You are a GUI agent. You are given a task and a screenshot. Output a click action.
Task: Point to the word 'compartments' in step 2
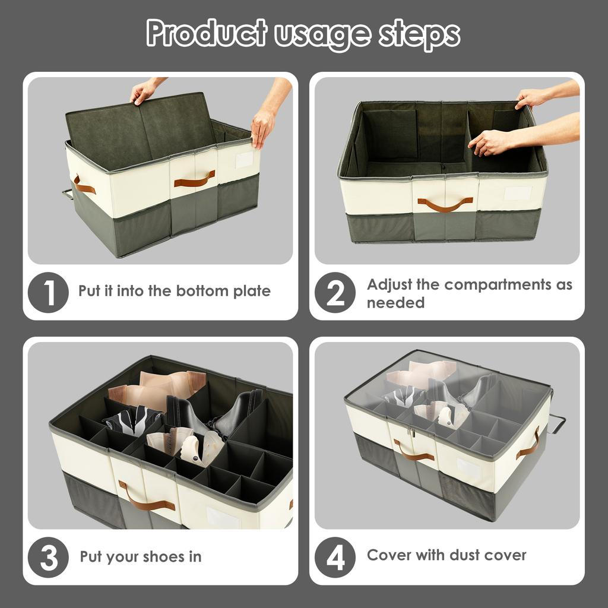[499, 284]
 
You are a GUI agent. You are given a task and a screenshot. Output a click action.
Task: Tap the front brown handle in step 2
[445, 205]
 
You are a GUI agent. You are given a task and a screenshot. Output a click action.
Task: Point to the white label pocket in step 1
[243, 160]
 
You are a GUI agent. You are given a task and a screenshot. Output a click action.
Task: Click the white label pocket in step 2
[517, 194]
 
